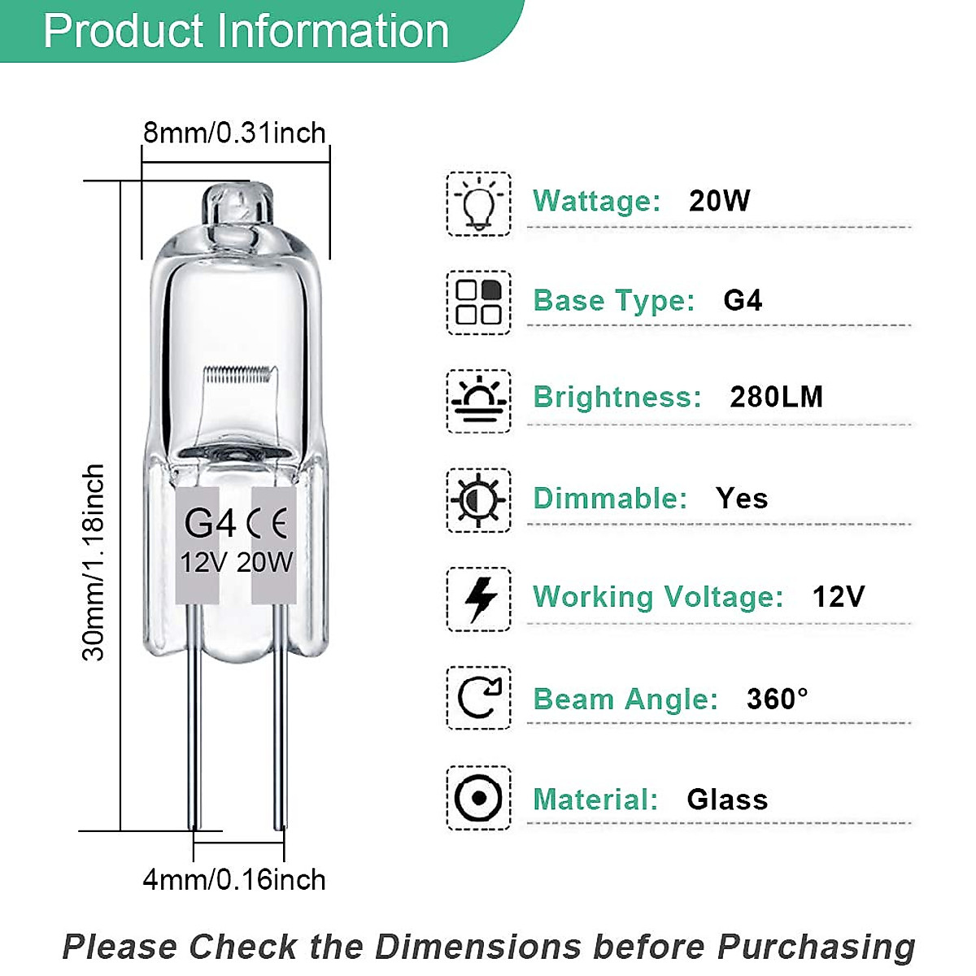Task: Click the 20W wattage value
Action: click(719, 201)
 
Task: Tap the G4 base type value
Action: click(743, 300)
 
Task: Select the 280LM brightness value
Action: click(776, 397)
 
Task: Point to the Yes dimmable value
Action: click(742, 498)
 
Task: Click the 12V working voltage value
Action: click(838, 597)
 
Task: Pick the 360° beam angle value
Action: click(777, 699)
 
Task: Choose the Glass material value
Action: click(727, 800)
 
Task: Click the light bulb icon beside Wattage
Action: click(478, 204)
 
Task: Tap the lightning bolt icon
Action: click(478, 599)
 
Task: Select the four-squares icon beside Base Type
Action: click(478, 303)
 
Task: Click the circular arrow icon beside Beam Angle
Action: click(478, 698)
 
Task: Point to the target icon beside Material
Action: click(478, 798)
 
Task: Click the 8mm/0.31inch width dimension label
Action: click(234, 133)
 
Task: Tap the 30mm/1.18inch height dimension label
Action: click(94, 562)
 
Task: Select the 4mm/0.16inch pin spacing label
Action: click(234, 879)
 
